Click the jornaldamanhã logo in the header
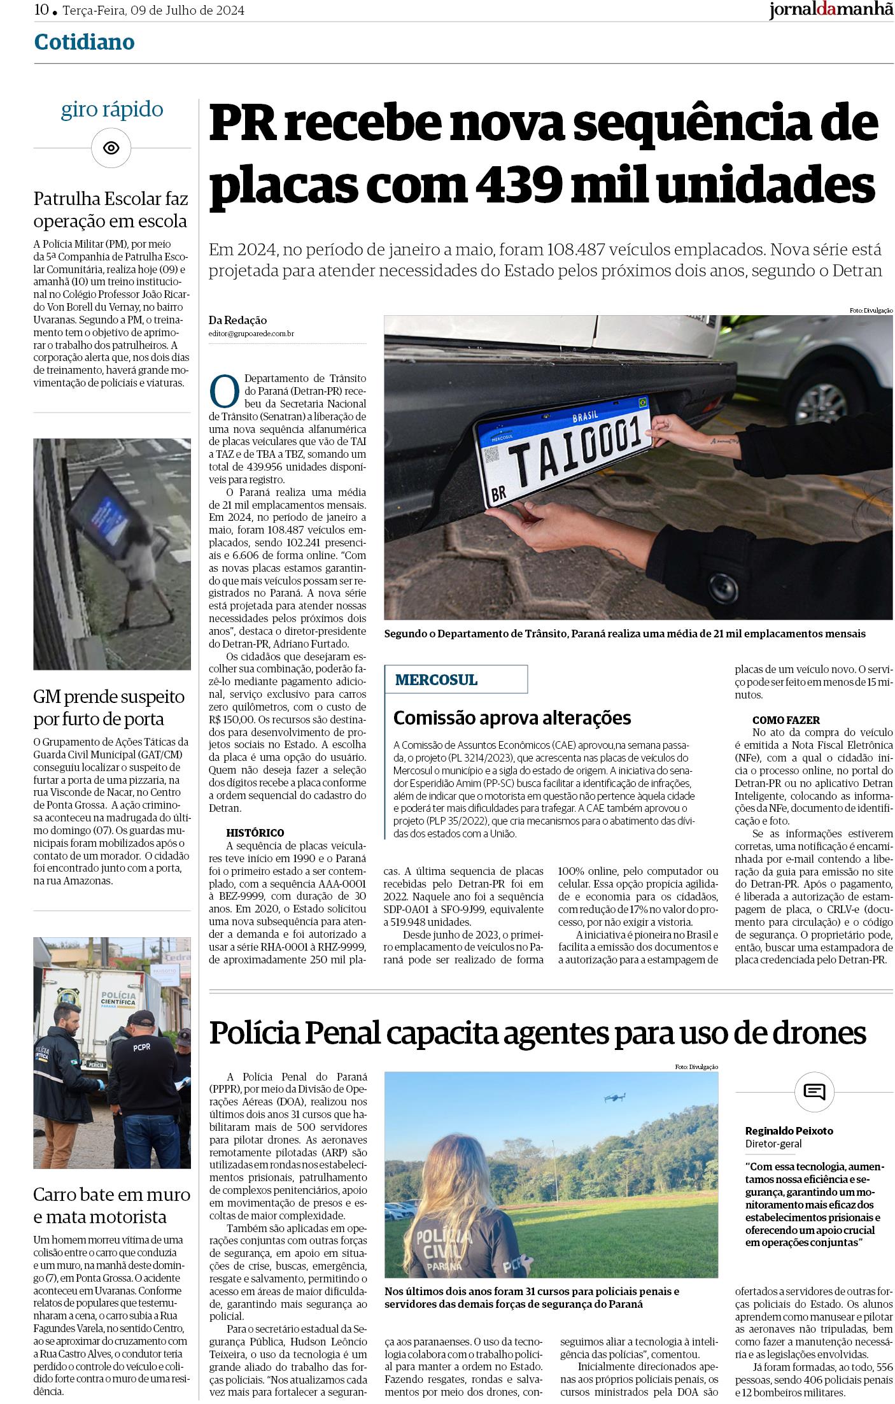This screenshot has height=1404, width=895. [x=831, y=11]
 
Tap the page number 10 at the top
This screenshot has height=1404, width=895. [x=42, y=11]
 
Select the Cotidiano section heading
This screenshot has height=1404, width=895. [x=84, y=42]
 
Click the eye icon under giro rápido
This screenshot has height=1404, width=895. [x=111, y=148]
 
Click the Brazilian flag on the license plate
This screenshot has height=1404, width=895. [x=642, y=402]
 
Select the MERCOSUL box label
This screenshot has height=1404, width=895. [x=436, y=679]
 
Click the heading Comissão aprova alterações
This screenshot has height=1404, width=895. [x=512, y=718]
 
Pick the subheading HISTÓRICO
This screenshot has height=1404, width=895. [x=255, y=833]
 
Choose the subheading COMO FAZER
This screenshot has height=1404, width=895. [x=786, y=720]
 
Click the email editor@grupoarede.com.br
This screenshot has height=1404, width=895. [x=251, y=333]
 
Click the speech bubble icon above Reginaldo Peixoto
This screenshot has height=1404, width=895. [x=814, y=1091]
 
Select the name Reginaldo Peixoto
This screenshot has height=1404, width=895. [x=789, y=1131]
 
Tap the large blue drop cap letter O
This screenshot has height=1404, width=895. [x=224, y=390]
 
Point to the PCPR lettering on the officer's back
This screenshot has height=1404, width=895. [x=142, y=1046]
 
